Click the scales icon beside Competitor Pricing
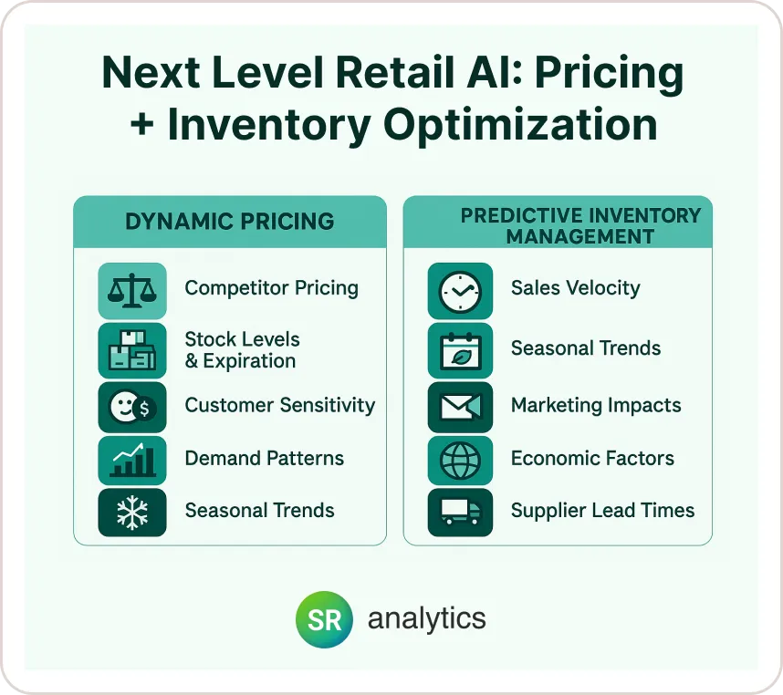point(132,291)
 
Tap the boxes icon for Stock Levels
point(132,350)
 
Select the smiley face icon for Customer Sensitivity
point(132,407)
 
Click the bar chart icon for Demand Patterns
point(132,460)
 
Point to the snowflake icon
point(132,513)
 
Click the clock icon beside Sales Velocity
point(460,291)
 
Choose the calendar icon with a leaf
point(460,350)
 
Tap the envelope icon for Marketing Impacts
point(460,407)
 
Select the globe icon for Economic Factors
point(460,460)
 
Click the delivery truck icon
point(460,513)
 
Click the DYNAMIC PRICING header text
point(230,222)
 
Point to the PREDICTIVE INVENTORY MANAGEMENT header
point(580,226)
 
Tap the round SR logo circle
point(324,619)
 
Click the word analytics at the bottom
point(427,618)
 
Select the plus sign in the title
point(141,124)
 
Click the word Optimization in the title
point(520,126)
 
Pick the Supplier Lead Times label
point(602,511)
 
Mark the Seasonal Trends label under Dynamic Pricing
point(260,511)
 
